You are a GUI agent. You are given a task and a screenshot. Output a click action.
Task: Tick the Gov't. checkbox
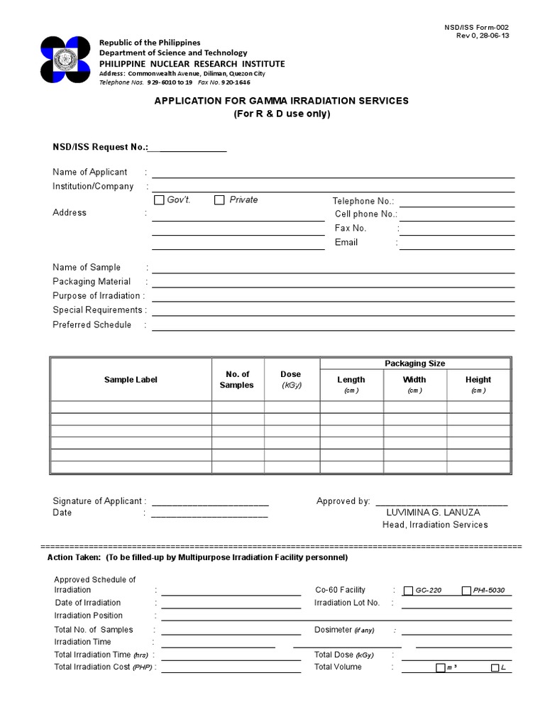click(159, 200)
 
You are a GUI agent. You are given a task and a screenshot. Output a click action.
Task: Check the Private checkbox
click(219, 200)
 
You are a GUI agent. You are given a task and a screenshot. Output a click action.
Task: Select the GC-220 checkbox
click(408, 591)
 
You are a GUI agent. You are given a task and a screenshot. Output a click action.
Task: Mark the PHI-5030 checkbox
click(466, 591)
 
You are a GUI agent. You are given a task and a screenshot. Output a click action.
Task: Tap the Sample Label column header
click(131, 380)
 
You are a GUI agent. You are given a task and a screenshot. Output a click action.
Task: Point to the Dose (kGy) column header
click(290, 379)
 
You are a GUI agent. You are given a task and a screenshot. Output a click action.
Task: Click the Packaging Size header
click(414, 363)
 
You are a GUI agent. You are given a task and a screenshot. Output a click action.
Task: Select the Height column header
click(478, 380)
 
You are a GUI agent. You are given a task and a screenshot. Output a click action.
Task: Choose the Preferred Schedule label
click(92, 325)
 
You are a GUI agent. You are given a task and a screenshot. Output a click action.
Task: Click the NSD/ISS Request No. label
click(99, 147)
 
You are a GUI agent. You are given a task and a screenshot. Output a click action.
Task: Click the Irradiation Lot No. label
click(347, 603)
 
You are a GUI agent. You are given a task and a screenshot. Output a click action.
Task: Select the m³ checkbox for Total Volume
click(441, 668)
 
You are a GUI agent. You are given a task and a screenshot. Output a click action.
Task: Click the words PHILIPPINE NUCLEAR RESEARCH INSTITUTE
click(192, 64)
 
